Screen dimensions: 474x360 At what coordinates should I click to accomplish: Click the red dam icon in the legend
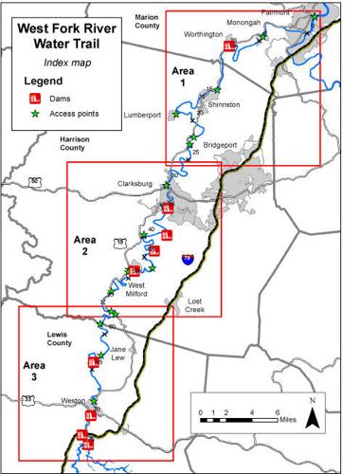click(32, 98)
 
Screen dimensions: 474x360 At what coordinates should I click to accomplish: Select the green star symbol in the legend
click(32, 114)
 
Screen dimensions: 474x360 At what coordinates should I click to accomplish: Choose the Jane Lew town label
click(118, 354)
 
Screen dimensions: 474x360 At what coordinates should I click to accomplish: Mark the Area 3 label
click(35, 365)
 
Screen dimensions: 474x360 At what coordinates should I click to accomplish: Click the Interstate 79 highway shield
click(188, 257)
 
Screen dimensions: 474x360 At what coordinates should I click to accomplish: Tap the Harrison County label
click(53, 143)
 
